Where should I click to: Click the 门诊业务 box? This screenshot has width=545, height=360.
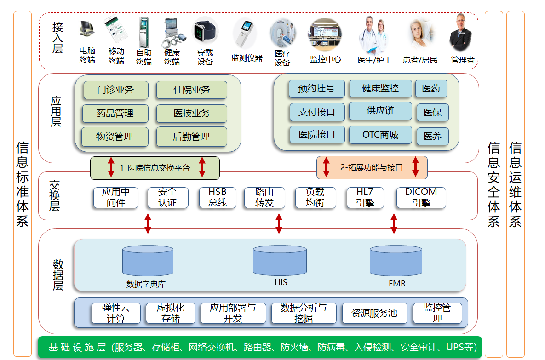tap(116, 90)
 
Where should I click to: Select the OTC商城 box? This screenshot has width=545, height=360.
tap(380, 135)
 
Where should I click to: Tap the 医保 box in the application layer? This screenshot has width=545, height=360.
tap(432, 113)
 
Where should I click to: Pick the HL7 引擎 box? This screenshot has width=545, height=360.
tap(365, 197)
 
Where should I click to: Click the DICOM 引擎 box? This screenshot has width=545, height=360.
tap(421, 197)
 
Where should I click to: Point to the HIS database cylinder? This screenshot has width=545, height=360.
tap(280, 261)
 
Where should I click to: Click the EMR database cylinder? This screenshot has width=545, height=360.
tap(396, 261)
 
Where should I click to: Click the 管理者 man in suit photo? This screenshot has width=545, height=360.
tap(460, 33)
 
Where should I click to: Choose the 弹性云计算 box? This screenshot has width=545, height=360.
tap(116, 313)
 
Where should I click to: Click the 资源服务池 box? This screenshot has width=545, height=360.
tap(374, 313)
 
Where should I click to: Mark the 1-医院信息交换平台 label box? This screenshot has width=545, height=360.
tap(155, 168)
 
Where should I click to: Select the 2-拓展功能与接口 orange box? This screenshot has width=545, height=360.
tap(372, 168)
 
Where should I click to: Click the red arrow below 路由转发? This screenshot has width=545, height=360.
tap(279, 223)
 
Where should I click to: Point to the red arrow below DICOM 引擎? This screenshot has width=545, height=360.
tap(394, 223)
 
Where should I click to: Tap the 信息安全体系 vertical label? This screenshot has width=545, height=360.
tap(493, 184)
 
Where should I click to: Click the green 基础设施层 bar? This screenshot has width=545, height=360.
tap(260, 347)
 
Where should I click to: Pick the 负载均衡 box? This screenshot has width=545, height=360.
tap(315, 197)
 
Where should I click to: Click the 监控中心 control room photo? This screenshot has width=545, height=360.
tap(325, 34)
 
